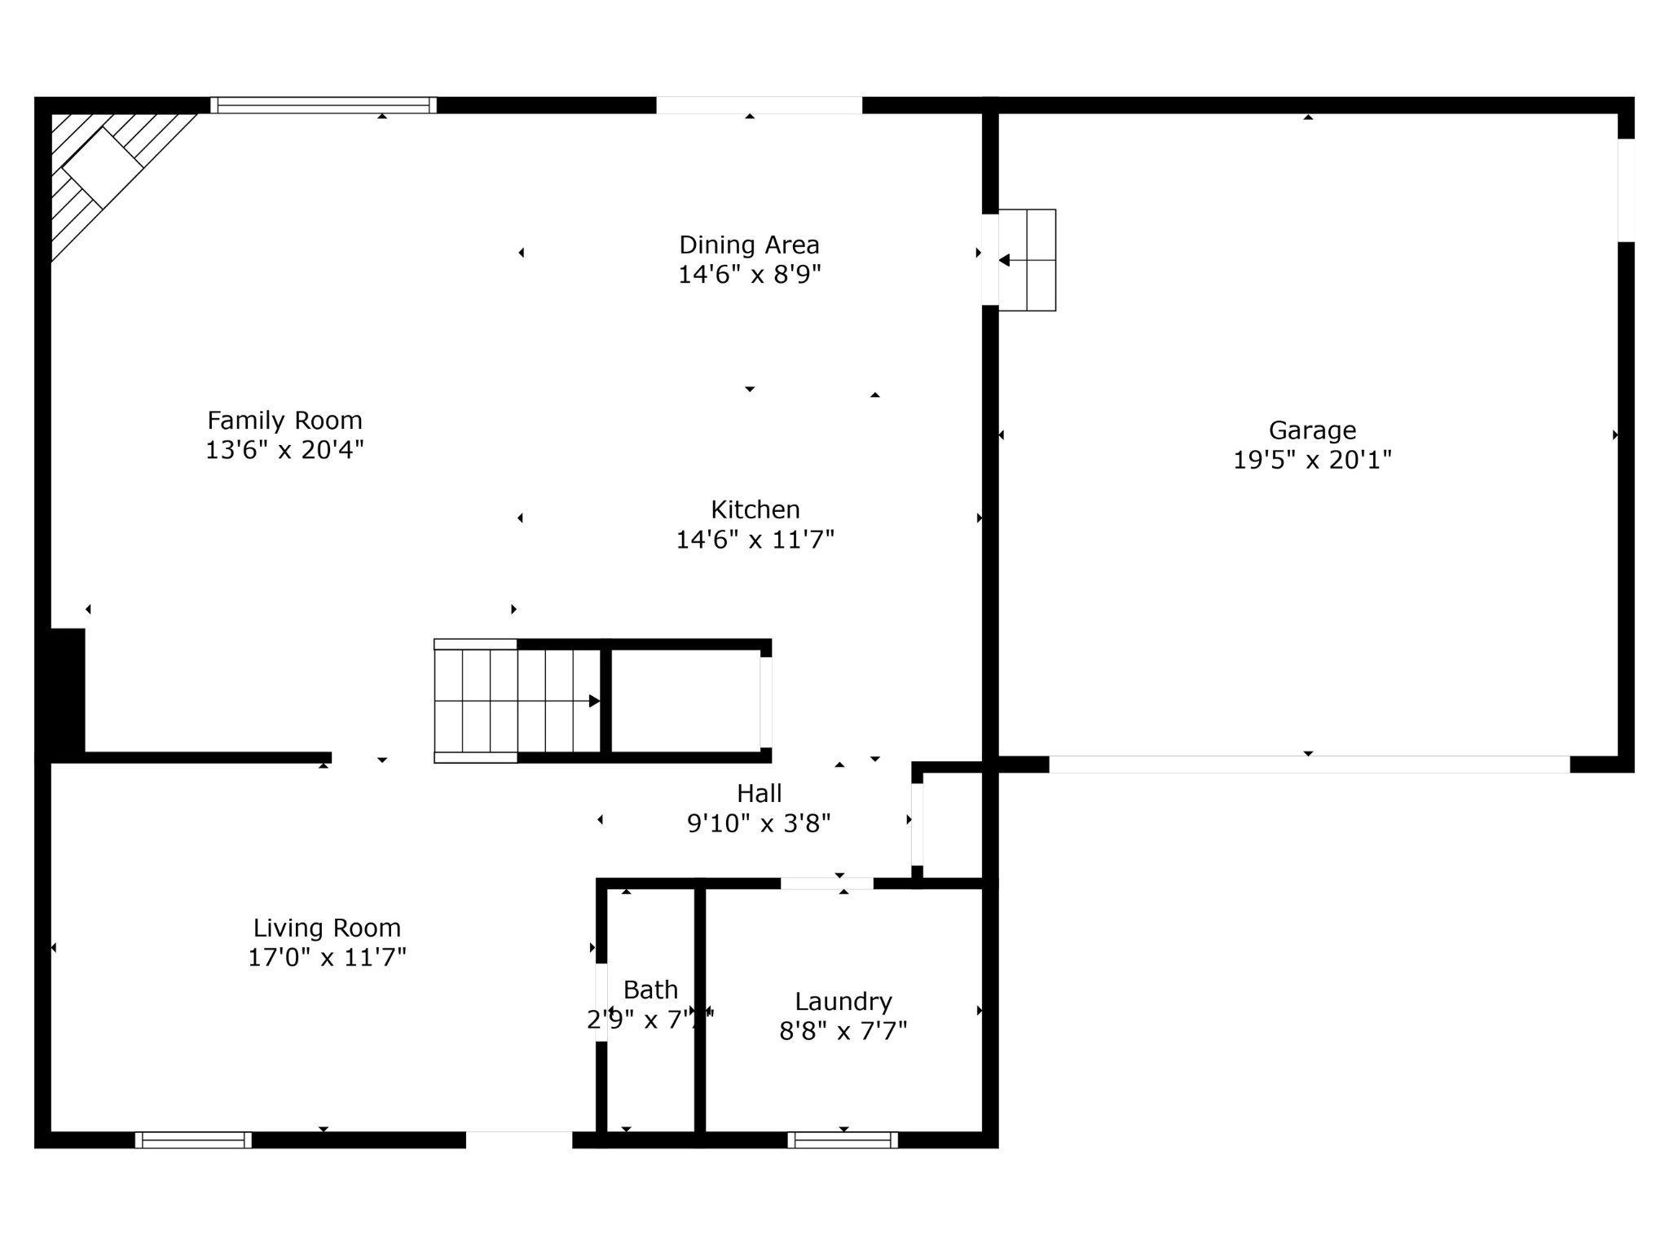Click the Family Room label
pos(284,421)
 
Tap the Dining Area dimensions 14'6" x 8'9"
pos(749,275)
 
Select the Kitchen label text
pos(755,510)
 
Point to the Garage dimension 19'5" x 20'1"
pos(1312,461)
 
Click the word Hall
pos(759,794)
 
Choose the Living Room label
pos(327,928)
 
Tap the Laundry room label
pos(843,1002)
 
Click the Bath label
pos(650,990)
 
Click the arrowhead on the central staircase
pos(595,701)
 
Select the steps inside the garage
pos(1027,260)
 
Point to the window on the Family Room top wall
pos(324,105)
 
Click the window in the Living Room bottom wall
pos(193,1140)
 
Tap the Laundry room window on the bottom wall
pos(843,1140)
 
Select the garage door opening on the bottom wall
pos(1309,765)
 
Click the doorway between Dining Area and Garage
pos(990,260)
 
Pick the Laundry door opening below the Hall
pos(826,884)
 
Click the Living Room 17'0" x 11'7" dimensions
pos(327,958)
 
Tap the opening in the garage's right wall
pos(1626,191)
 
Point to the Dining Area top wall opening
pos(759,105)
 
